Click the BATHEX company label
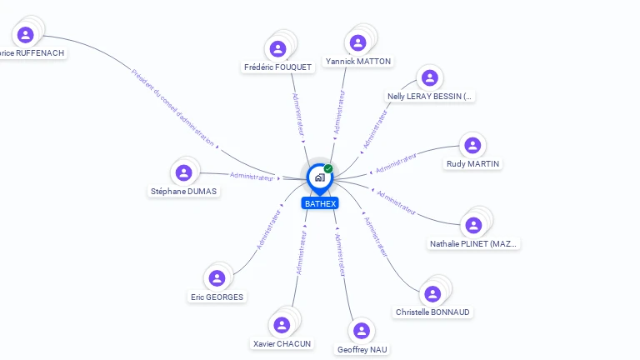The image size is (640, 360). click(x=320, y=203)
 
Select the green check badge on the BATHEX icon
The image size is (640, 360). click(x=328, y=168)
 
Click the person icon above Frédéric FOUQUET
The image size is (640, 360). click(x=278, y=47)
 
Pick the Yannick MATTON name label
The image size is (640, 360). click(x=358, y=61)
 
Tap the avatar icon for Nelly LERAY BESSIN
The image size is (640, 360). click(x=430, y=78)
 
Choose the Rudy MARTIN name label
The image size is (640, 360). click(x=472, y=163)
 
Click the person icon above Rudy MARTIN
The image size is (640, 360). click(x=472, y=145)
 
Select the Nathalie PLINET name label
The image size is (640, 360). click(x=473, y=244)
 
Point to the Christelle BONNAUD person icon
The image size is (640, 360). click(x=432, y=293)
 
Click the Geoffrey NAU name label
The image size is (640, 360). click(x=362, y=349)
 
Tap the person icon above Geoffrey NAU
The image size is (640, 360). click(x=362, y=331)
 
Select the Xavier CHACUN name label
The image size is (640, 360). click(x=282, y=343)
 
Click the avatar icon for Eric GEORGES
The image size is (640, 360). click(x=217, y=278)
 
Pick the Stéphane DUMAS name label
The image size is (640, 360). click(x=183, y=191)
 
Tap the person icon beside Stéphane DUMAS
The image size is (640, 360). click(x=184, y=172)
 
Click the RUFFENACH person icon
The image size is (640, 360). click(x=26, y=35)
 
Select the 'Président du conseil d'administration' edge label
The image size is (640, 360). click(x=172, y=107)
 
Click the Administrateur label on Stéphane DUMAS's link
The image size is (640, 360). click(x=252, y=177)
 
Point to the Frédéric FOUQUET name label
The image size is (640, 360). click(x=277, y=67)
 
